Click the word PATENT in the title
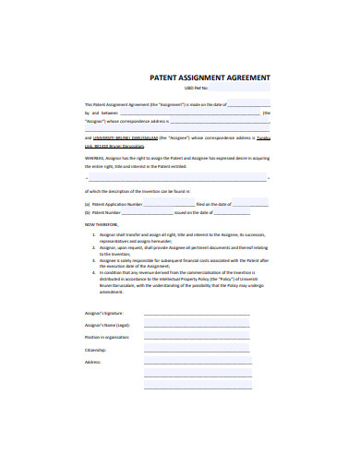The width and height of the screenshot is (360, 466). click(x=164, y=79)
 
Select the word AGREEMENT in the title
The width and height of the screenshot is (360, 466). click(x=242, y=79)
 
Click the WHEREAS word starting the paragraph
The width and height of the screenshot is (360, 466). click(x=95, y=158)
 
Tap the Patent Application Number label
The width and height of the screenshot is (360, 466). click(x=115, y=203)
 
